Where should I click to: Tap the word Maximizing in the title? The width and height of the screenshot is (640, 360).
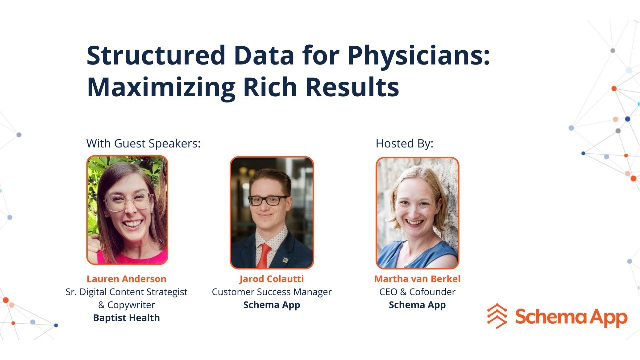[x=160, y=87]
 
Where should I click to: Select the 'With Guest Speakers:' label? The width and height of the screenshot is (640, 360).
[x=143, y=144]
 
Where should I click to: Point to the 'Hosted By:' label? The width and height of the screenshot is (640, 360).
[x=404, y=144]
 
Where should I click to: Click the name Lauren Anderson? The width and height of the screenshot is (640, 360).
[x=126, y=279]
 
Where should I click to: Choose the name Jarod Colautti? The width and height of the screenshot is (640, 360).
[x=271, y=279]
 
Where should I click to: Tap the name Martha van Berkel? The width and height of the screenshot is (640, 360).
[x=417, y=279]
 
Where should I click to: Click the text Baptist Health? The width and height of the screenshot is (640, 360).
[x=126, y=318]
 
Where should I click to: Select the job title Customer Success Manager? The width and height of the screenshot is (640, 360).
[x=271, y=292]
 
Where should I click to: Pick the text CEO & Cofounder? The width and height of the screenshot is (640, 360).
[x=417, y=292]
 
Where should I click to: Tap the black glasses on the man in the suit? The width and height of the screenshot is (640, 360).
[x=268, y=200]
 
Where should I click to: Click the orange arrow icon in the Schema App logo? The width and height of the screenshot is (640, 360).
[x=497, y=316]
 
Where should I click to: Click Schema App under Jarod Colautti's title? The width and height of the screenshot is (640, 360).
[x=271, y=305]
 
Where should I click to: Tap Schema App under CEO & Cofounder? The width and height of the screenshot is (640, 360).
[x=417, y=305]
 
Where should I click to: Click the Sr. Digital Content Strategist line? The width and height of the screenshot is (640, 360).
[x=126, y=292]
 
